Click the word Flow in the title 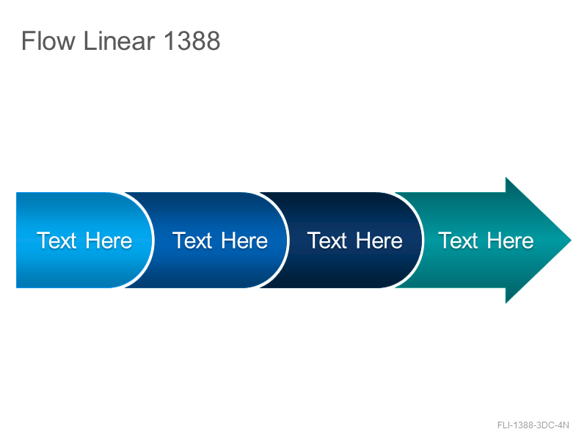pos(48,41)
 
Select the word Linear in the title pos(120,41)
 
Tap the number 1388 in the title pos(192,41)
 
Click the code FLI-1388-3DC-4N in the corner pos(533,425)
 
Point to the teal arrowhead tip pos(571,241)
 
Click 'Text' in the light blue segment pos(56,241)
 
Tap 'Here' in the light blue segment pos(109,241)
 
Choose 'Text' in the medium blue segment pos(192,241)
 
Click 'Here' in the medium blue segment pos(244,241)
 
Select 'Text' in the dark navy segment pos(327,241)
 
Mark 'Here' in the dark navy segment pos(379,241)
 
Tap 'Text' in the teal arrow pos(458,241)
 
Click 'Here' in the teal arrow pos(510,241)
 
